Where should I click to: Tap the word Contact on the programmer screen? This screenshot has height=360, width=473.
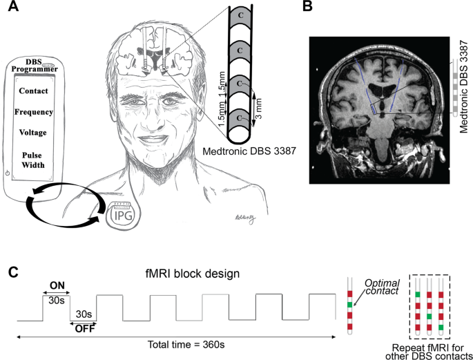(34, 91)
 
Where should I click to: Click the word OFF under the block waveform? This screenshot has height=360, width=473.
(84, 330)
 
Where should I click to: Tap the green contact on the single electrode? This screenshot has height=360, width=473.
(351, 304)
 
